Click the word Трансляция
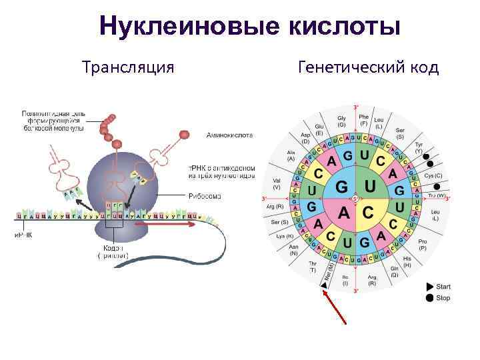pyautogui.click(x=128, y=68)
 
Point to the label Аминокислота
pyautogui.click(x=229, y=135)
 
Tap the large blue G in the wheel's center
pyautogui.click(x=341, y=185)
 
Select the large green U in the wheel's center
pyautogui.click(x=370, y=185)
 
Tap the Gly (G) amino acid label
pyautogui.click(x=341, y=121)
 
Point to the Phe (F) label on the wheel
pyautogui.click(x=364, y=120)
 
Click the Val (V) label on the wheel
pyautogui.click(x=276, y=185)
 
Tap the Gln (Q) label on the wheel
pyautogui.click(x=394, y=271)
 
